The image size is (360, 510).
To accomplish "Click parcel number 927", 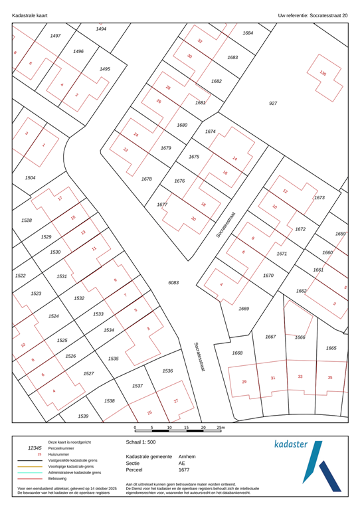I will [x=272, y=104].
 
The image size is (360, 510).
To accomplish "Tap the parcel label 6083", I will [x=173, y=282].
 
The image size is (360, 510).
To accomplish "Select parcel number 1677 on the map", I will [x=161, y=205].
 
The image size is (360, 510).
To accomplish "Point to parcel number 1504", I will [x=30, y=178].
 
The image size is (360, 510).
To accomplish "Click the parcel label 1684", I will [x=248, y=33].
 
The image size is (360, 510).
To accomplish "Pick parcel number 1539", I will [x=83, y=416].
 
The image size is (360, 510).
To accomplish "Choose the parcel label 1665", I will [x=331, y=348].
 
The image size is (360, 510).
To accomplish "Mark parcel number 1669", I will [x=244, y=308].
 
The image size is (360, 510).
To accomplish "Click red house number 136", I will [x=323, y=74].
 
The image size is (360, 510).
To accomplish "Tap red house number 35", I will [x=330, y=377].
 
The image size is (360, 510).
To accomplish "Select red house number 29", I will [x=244, y=381].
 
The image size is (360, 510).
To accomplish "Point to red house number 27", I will [x=176, y=401].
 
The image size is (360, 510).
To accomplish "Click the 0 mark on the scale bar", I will [x=135, y=428].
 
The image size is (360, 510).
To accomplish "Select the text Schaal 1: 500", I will [x=141, y=441].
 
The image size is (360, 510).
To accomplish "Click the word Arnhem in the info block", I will [x=188, y=457].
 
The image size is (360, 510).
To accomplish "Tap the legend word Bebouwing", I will [x=60, y=478].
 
